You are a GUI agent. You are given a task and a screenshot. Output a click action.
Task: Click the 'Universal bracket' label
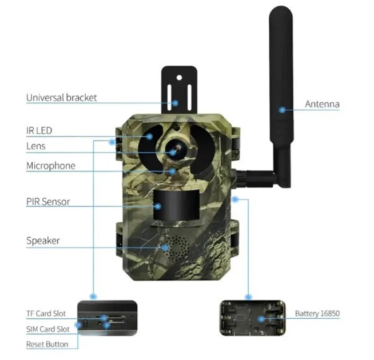click(61, 98)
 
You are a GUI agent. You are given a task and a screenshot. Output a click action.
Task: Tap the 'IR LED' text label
click(39, 131)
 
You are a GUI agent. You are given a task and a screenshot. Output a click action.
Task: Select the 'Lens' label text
click(36, 146)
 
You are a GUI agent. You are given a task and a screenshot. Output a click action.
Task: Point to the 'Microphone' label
click(51, 166)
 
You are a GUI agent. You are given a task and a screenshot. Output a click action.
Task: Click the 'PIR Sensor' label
click(48, 202)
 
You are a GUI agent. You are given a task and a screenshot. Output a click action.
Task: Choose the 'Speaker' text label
click(43, 241)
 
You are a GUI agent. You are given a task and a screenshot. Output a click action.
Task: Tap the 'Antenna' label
click(322, 104)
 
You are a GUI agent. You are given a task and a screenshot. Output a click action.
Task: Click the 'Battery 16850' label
click(317, 313)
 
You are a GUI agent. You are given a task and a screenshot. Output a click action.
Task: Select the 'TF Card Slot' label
click(46, 314)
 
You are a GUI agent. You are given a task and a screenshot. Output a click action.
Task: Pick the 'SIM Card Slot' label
click(47, 329)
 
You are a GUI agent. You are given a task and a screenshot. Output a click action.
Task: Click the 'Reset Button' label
click(47, 344)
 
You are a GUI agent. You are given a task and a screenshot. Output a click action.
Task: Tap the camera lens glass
click(176, 149)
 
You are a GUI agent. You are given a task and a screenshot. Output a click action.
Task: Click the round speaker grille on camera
click(177, 248)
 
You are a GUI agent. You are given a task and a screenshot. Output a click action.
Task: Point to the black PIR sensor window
click(177, 205)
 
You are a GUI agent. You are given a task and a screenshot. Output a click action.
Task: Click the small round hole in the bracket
click(179, 78)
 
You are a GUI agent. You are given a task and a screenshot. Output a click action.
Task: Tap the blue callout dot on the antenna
click(282, 110)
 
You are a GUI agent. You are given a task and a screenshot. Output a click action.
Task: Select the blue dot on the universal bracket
click(176, 103)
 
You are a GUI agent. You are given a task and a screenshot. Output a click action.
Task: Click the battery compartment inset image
click(252, 318)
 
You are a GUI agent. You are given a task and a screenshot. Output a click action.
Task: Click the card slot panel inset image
click(108, 318)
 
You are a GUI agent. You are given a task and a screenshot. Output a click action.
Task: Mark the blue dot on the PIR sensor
click(158, 206)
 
